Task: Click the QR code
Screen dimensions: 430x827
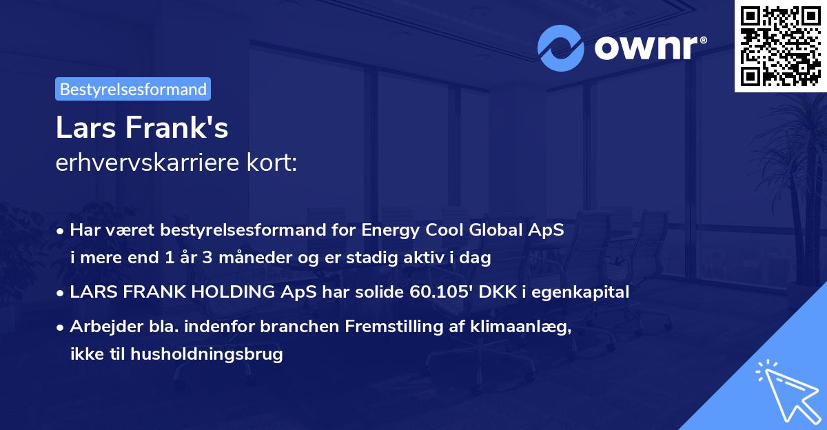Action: point(780,45)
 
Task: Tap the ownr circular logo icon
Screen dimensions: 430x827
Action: point(560,48)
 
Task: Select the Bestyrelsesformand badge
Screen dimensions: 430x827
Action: point(133,89)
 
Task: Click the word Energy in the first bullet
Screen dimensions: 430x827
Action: point(386,230)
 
